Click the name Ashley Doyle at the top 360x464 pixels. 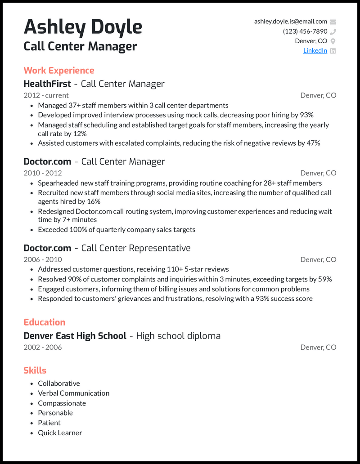point(83,27)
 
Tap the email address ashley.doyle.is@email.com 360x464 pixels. point(290,22)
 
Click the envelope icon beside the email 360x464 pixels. point(333,22)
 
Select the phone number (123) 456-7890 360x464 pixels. point(305,31)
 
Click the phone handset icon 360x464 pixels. point(333,31)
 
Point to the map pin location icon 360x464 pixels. point(333,41)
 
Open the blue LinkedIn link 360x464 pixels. point(315,51)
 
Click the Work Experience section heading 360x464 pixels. point(59,71)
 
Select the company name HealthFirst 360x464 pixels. point(47,84)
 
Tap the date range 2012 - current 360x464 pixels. point(46,95)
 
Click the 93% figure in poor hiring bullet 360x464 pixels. point(306,115)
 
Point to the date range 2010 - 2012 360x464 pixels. point(43,173)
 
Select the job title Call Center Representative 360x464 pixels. point(136,248)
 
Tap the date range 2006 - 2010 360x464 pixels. point(43,259)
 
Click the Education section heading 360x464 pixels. point(45,322)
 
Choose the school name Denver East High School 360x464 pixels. point(75,336)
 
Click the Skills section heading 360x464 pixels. point(35,370)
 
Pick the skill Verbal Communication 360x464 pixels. point(73,393)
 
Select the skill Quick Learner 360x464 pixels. point(60,433)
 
